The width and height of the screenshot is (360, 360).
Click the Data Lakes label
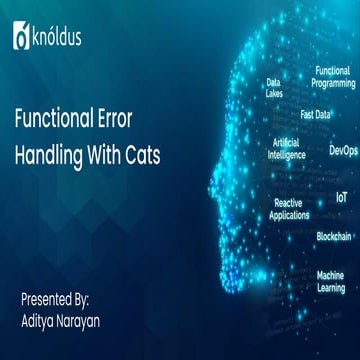pyautogui.click(x=273, y=88)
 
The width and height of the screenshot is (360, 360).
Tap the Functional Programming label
pyautogui.click(x=331, y=77)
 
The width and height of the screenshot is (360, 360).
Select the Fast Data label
pyautogui.click(x=315, y=114)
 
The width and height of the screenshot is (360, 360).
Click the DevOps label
pyautogui.click(x=342, y=151)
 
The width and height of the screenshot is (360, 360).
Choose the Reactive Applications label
pyautogui.click(x=288, y=208)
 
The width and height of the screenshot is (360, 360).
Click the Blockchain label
pyautogui.click(x=333, y=236)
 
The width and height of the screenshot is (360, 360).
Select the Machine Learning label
pyautogui.click(x=331, y=280)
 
